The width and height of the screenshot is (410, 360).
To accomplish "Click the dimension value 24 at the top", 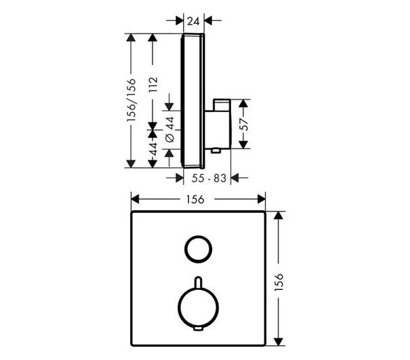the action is [194, 21].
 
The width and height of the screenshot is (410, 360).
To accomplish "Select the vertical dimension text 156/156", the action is [132, 100].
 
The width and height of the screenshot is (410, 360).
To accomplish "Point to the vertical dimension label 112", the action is [153, 85].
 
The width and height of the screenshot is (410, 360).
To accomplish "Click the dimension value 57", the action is [244, 124].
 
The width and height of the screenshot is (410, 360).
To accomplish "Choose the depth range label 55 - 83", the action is [208, 179].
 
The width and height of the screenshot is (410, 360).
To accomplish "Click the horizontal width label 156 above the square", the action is [195, 200].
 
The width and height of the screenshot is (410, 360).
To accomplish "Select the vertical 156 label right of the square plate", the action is [279, 282].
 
